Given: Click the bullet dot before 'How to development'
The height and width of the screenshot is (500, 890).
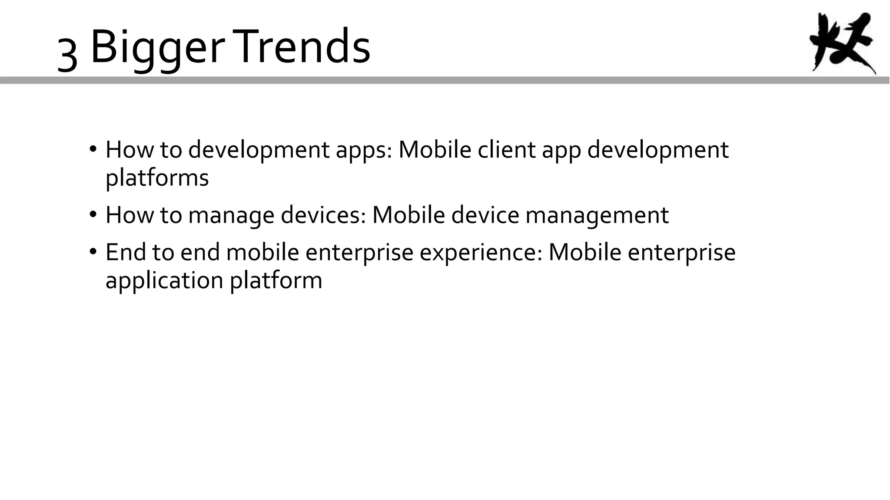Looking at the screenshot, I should [x=93, y=149].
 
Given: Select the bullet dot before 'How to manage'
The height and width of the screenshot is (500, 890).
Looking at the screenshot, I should [x=93, y=214].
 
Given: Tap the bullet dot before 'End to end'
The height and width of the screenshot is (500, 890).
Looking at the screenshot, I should [x=93, y=252].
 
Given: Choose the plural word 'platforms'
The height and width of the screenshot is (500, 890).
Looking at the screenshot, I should [x=157, y=178].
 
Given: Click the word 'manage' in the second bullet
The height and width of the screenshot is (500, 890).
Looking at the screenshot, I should [x=231, y=215].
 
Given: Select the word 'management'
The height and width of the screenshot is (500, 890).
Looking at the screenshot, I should [x=597, y=215].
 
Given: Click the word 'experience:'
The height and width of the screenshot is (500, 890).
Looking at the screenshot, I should [x=481, y=253].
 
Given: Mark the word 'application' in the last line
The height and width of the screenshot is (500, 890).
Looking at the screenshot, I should [x=164, y=280].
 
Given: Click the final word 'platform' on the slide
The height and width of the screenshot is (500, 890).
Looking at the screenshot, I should [x=276, y=280].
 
